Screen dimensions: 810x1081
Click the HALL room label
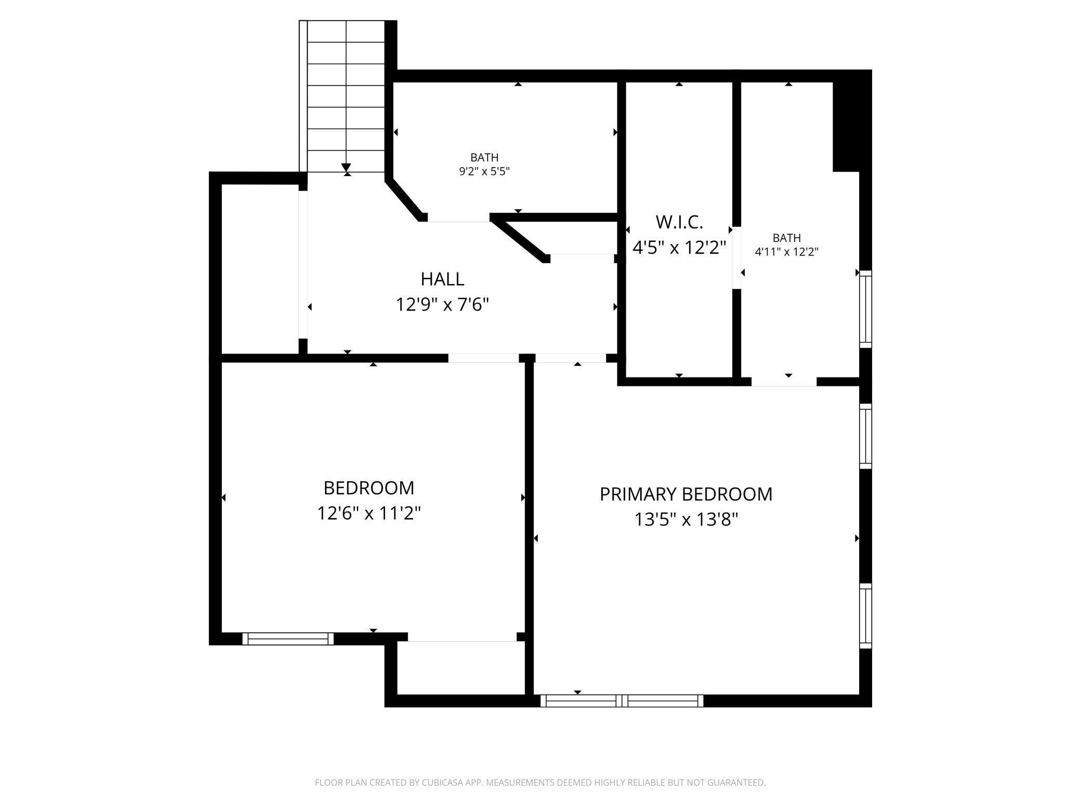(442, 279)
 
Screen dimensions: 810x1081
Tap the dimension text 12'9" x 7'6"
(442, 304)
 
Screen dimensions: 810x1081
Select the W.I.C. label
(679, 222)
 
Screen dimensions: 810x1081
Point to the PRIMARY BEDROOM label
(685, 494)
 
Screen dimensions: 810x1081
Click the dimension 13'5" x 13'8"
(685, 519)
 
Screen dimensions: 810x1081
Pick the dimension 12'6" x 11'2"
(368, 514)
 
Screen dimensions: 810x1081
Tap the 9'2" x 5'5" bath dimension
(484, 171)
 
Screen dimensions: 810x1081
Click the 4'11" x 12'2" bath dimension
(786, 252)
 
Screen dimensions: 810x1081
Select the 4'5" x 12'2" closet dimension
(679, 248)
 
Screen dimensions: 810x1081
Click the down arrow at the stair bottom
(346, 168)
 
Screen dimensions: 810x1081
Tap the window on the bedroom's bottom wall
(288, 639)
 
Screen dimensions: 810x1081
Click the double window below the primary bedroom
(622, 700)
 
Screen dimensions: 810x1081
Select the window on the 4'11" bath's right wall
(865, 309)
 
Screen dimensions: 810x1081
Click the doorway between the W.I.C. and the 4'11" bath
(736, 258)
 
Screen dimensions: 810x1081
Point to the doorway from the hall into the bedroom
(484, 358)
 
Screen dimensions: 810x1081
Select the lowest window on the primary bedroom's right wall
(865, 615)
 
